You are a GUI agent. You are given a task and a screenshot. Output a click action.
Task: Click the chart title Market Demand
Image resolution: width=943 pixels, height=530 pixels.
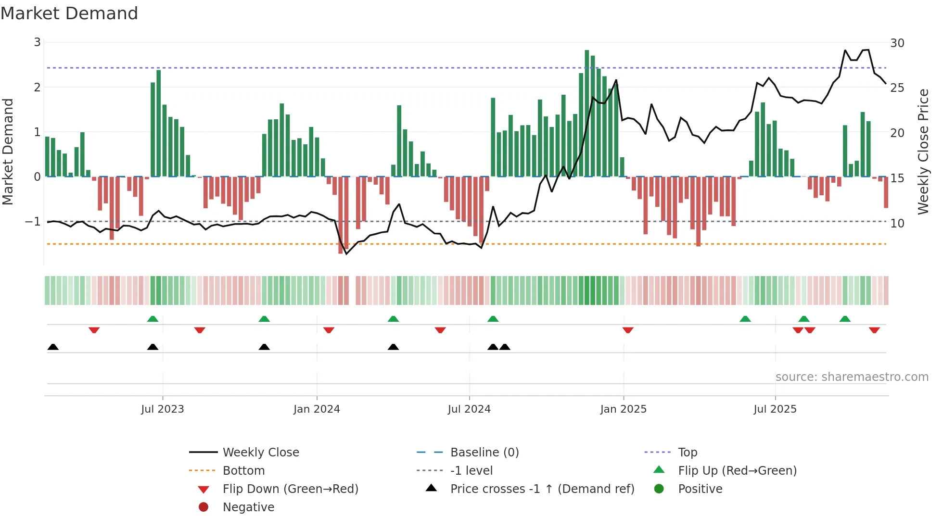[69, 13]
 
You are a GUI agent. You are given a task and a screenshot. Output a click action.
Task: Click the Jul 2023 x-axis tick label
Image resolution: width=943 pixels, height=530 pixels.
[163, 409]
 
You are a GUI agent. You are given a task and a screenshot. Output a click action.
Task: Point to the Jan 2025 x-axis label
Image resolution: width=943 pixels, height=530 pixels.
[624, 409]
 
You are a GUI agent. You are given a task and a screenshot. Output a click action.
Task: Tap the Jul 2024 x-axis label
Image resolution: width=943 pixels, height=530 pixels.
[469, 409]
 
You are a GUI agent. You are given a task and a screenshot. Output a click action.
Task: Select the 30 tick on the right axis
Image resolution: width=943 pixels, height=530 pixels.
[897, 43]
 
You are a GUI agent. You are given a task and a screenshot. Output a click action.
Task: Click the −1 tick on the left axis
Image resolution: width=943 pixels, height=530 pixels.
[33, 222]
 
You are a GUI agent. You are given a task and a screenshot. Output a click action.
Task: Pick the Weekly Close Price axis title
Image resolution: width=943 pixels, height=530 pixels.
[923, 151]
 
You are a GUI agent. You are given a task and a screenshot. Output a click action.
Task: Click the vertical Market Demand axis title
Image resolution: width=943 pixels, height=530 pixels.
[8, 151]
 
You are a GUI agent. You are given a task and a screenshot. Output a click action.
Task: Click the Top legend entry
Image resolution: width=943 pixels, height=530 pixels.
[688, 453]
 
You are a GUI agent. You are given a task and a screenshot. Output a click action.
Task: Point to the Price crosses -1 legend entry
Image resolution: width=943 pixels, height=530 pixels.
[542, 489]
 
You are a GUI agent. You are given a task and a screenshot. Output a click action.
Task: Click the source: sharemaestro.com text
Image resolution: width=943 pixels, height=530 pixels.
[852, 377]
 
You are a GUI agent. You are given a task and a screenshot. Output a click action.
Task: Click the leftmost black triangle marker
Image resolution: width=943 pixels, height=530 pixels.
[53, 347]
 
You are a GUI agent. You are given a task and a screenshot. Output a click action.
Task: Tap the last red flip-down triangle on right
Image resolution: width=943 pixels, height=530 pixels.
[874, 330]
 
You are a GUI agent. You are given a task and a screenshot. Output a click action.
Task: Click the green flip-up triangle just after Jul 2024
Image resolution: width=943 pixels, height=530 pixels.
[493, 319]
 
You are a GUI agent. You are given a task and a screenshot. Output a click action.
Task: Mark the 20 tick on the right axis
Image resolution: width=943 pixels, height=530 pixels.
[897, 133]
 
